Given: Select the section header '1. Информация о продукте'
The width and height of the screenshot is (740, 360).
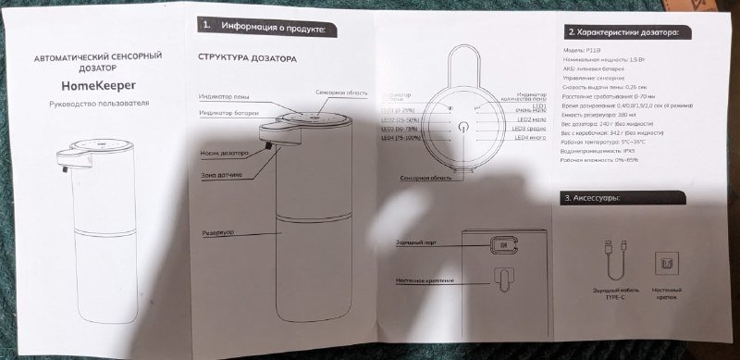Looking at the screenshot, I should coord(263,29).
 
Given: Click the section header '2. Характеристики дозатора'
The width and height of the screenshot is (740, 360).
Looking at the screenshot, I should coord(622,32).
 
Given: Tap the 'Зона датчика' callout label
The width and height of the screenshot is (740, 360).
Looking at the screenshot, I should coord(222,174).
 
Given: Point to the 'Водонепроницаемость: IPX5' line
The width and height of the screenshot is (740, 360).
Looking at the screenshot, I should coord(590,151).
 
